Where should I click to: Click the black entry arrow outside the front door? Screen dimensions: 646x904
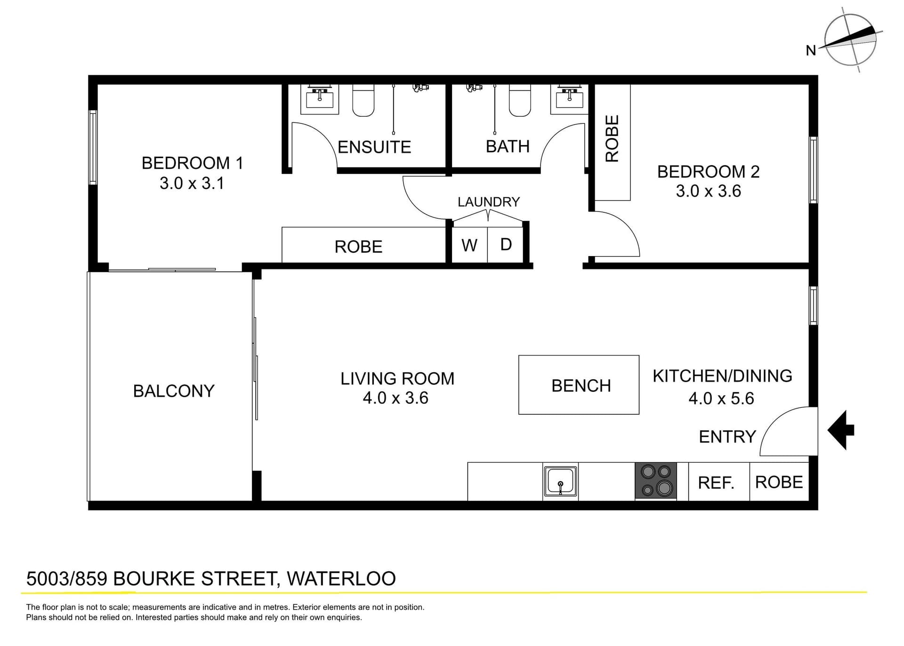tap(841, 430)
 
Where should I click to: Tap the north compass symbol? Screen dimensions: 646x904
tap(850, 40)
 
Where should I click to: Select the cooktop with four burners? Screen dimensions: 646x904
tap(656, 480)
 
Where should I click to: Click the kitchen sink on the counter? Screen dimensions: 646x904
tap(560, 481)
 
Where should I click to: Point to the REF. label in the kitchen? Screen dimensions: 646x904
tap(716, 483)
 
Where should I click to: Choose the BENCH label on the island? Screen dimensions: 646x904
tap(581, 386)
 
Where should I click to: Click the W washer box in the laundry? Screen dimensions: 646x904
tap(469, 245)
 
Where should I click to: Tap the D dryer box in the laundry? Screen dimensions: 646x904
tap(506, 244)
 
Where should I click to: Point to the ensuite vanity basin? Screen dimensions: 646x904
tap(320, 99)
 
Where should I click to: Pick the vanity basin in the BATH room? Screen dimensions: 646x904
tap(570, 99)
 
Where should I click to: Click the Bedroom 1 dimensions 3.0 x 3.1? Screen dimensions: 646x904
tap(192, 183)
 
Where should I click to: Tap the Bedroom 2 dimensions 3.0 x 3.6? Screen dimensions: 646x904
tap(708, 191)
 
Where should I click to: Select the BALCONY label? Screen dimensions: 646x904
tap(174, 391)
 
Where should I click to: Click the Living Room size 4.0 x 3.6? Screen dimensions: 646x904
tap(395, 398)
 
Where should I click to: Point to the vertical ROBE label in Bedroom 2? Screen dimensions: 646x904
tap(612, 139)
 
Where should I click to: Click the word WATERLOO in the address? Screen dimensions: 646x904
tap(341, 579)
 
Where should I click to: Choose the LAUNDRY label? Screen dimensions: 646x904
tap(488, 202)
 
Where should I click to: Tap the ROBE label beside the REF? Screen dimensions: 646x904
tap(779, 482)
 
